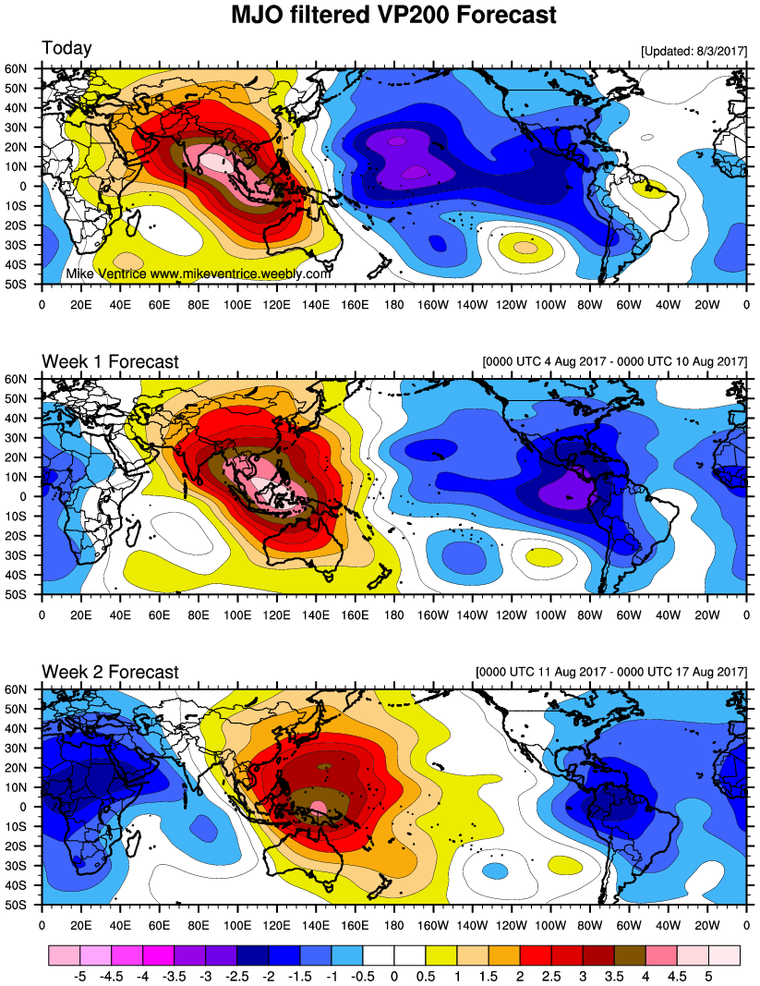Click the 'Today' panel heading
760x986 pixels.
66,48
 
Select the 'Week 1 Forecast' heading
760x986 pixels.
110,361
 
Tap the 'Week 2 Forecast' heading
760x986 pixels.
110,672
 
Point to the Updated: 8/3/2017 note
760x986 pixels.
693,52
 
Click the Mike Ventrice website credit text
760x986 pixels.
199,274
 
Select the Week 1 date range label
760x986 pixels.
614,362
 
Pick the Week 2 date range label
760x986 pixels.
610,673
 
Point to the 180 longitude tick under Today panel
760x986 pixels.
394,301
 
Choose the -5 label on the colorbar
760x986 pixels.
80,974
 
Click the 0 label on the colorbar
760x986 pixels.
394,974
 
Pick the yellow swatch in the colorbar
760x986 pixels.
441,952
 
